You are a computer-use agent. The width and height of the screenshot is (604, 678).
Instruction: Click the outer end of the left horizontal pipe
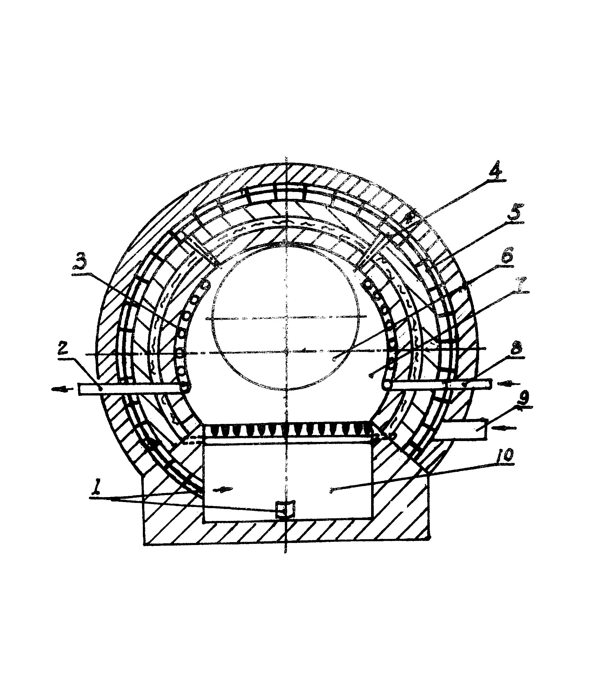(x=79, y=389)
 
